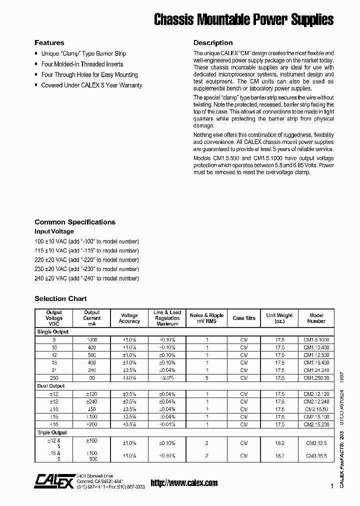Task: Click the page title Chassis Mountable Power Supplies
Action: [x=243, y=19]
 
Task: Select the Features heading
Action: [x=49, y=43]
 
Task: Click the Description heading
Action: [x=213, y=43]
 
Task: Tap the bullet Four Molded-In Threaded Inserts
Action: [x=82, y=64]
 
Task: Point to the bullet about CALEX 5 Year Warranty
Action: [x=91, y=85]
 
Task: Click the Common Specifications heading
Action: [x=75, y=222]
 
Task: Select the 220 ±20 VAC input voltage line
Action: [x=86, y=260]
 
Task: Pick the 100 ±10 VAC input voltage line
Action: [x=86, y=241]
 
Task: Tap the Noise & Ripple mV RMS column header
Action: [x=206, y=318]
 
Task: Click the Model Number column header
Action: [x=316, y=318]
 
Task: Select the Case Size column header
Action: [x=244, y=318]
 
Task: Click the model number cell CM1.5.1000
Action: [x=316, y=340]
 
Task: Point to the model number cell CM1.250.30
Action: [x=316, y=378]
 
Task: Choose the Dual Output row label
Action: [x=51, y=386]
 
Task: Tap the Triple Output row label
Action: [x=52, y=432]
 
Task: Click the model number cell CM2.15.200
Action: [x=316, y=424]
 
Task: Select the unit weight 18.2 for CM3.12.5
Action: [x=279, y=443]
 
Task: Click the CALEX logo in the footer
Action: [x=53, y=480]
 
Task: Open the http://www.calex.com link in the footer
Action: [x=184, y=483]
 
